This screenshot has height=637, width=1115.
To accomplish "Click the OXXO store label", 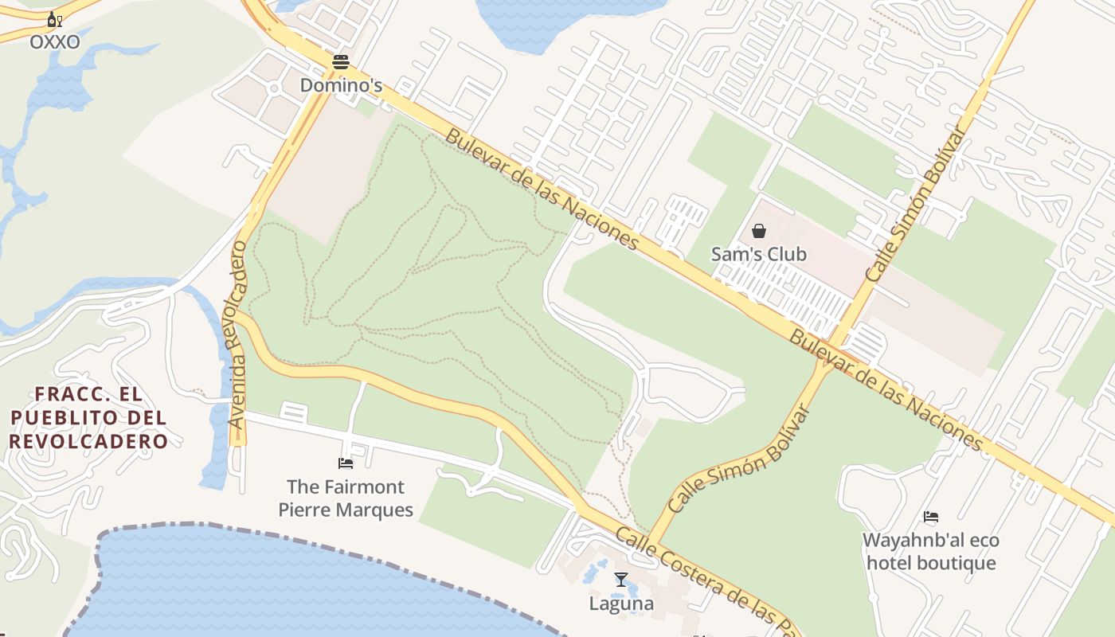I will [x=55, y=42].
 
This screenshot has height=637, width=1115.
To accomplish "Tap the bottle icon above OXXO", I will [x=53, y=20].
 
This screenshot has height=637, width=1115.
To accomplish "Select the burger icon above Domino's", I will [x=341, y=61].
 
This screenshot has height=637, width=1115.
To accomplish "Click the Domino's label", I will [x=341, y=84].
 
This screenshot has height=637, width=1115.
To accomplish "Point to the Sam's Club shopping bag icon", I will [x=759, y=231].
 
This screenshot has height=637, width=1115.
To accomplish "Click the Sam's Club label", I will [x=759, y=255].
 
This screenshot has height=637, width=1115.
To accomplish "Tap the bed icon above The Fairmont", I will [x=346, y=463].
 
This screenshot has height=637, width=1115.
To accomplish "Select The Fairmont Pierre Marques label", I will [x=346, y=498].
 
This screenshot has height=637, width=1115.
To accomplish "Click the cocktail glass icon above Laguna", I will [x=621, y=580].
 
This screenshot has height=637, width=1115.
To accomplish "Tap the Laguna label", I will [x=621, y=604].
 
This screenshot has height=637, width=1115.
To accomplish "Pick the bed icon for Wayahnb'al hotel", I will [x=930, y=517].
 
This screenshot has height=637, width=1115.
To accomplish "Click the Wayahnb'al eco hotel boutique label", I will [x=930, y=552].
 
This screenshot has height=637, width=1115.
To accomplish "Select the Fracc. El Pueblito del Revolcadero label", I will [x=88, y=417].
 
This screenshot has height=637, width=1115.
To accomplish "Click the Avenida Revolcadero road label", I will [x=237, y=334].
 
